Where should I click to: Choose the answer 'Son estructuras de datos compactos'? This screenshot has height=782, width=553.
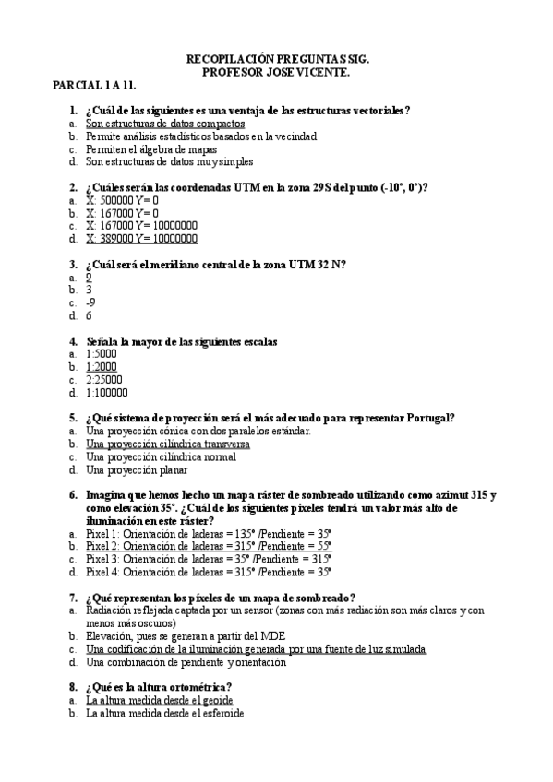tap(165, 123)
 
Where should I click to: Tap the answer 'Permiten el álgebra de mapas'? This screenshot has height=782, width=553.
tap(151, 148)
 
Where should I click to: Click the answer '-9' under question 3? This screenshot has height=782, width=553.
tap(90, 302)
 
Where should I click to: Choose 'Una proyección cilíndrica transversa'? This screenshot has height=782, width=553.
tap(168, 444)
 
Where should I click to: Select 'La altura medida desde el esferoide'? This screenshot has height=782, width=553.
tap(165, 713)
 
